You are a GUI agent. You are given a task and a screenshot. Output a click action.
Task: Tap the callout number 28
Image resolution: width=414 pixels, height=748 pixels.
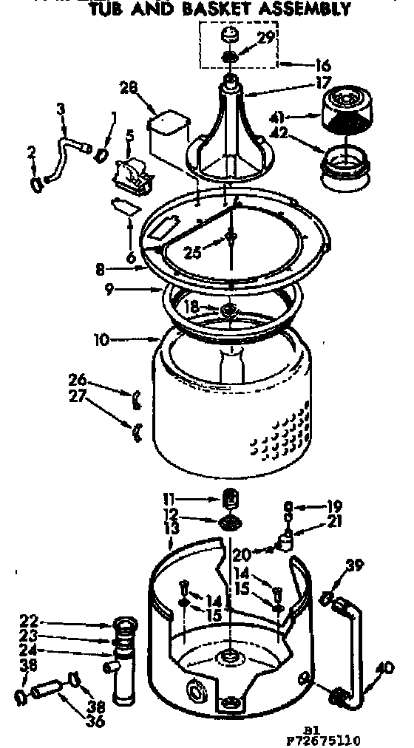129,89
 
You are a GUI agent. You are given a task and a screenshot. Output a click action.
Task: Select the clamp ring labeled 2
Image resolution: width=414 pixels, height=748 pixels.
35,182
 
